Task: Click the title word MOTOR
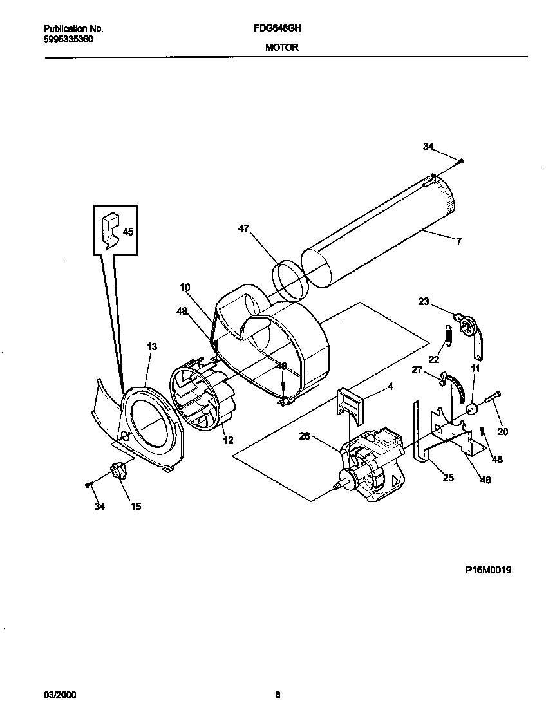coord(281,48)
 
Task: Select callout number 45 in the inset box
coord(128,232)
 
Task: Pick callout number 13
coord(152,346)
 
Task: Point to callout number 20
coord(503,432)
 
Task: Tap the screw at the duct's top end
coord(461,161)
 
